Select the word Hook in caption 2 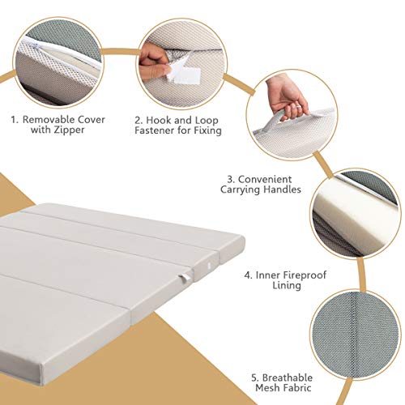[162, 118]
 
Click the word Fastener [154, 131]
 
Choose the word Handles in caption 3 [287, 191]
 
